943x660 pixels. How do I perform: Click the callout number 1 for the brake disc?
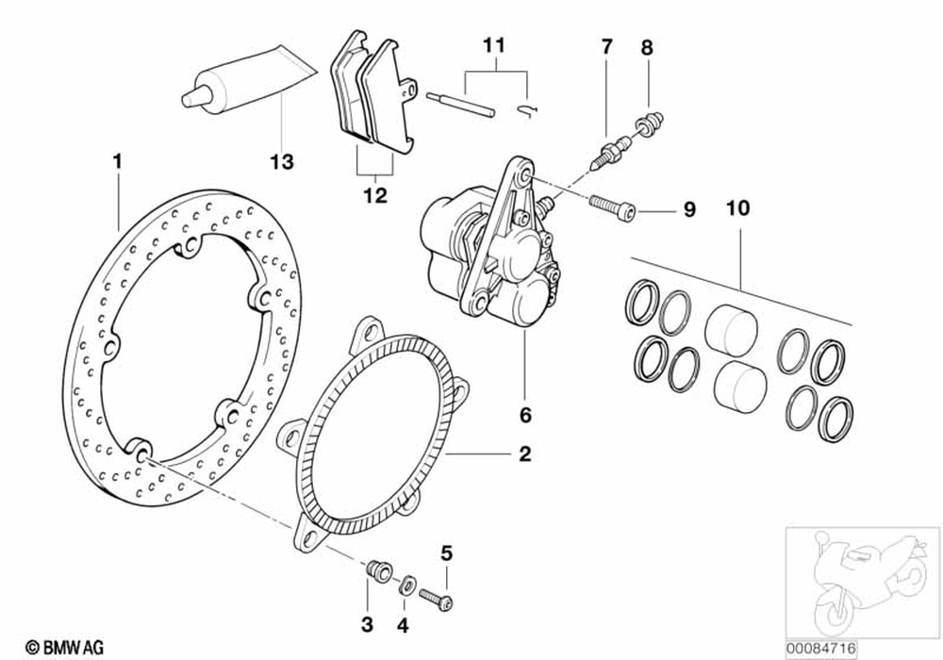click(117, 161)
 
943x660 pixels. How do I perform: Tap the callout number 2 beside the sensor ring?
click(524, 454)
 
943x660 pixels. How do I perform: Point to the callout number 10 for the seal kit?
click(737, 208)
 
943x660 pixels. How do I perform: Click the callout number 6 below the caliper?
click(525, 414)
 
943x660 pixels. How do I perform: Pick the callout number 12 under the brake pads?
click(374, 196)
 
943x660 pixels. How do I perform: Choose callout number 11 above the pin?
click(494, 45)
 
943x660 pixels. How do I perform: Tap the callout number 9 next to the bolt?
click(688, 209)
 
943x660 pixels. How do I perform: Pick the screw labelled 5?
click(438, 596)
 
